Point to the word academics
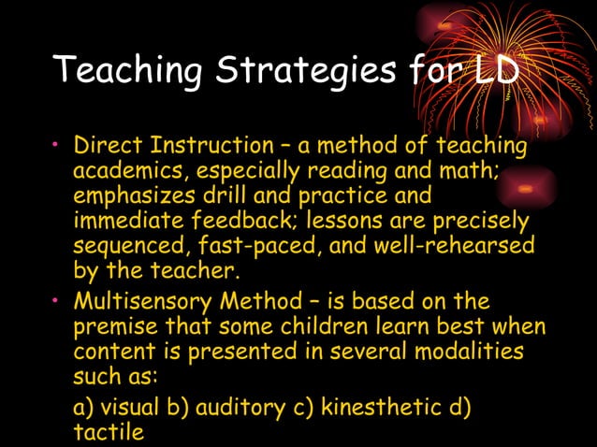pyautogui.click(x=124, y=172)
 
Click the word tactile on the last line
pyautogui.click(x=108, y=432)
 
